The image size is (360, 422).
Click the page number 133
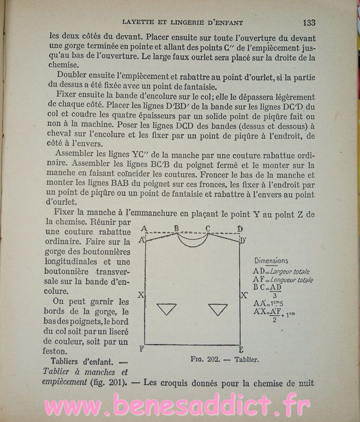pos(309,22)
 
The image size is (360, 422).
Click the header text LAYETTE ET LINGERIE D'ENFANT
pos(182,22)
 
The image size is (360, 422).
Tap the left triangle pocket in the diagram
pos(166,309)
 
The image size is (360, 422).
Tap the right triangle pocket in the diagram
pos(218,309)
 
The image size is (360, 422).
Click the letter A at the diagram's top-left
pos(143,229)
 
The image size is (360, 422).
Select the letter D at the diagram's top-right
pos(240,229)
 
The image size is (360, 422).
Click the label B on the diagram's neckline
pos(177,228)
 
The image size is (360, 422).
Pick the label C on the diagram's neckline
pos(208,228)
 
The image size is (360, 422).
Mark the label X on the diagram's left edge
pos(140,295)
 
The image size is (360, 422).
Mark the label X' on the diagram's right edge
pos(244,295)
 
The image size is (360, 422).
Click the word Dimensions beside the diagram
pos(271,261)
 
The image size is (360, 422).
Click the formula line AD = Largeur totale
pos(281,271)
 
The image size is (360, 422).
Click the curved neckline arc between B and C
pos(192,244)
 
